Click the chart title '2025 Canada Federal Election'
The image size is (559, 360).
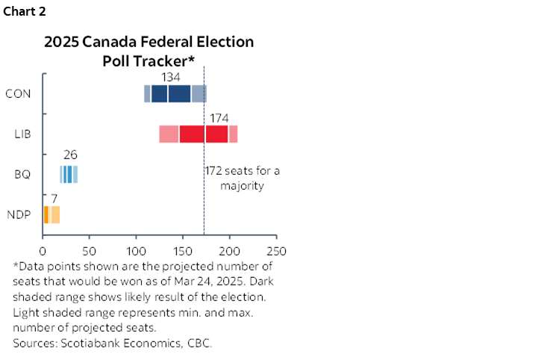pos(149,42)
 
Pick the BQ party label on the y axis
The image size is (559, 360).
pos(22,175)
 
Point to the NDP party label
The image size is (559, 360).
pos(19,215)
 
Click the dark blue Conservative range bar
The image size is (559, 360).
pos(171,93)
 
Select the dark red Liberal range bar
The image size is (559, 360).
pos(203,134)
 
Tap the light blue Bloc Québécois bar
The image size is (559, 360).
pos(69,175)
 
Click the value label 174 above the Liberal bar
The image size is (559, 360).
pos(219,118)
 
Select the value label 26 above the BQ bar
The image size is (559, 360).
pos(70,155)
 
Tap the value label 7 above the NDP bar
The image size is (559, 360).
pos(54,198)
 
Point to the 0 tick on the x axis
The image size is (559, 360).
pos(43,249)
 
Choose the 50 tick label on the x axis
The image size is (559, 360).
pos(90,249)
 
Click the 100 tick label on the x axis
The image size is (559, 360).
pos(137,249)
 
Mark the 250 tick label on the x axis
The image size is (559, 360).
pos(276,249)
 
